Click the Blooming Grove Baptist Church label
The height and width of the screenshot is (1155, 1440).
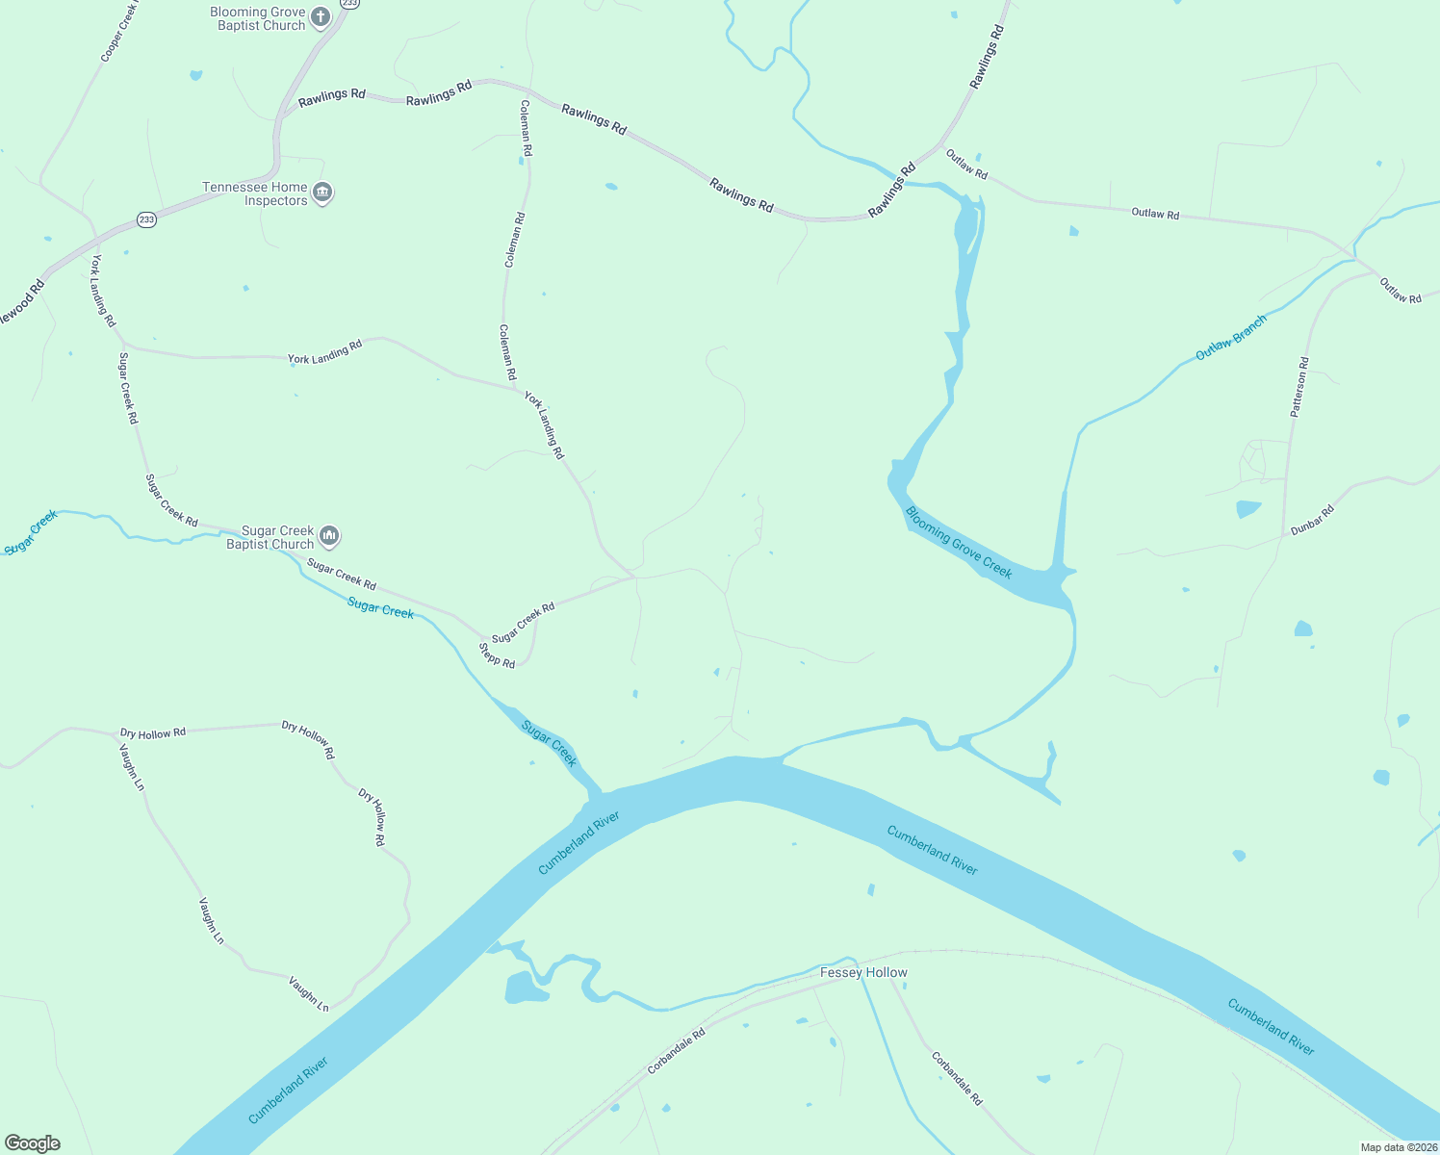[x=258, y=19]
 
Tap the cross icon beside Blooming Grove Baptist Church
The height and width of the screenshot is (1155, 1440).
[x=321, y=16]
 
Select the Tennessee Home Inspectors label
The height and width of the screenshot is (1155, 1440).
[x=255, y=194]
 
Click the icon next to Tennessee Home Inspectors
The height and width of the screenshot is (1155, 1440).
[x=323, y=192]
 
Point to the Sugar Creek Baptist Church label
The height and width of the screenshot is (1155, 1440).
[x=270, y=537]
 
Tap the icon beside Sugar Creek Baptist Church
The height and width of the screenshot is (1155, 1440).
[x=329, y=535]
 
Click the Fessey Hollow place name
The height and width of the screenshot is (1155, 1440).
[x=863, y=972]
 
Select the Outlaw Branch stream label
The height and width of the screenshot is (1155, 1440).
[x=1231, y=338]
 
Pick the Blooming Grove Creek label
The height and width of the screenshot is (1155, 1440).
[x=959, y=543]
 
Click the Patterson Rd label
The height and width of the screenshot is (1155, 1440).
[x=1299, y=387]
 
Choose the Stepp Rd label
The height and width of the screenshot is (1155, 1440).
[x=497, y=655]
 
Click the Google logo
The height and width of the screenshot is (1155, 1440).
[x=33, y=1143]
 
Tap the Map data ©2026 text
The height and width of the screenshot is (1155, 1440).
[x=1398, y=1147]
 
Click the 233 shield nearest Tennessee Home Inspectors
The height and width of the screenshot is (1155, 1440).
[x=146, y=219]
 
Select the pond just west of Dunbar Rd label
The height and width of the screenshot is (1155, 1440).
[x=1247, y=509]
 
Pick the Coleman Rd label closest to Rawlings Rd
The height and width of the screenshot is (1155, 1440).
[x=527, y=129]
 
